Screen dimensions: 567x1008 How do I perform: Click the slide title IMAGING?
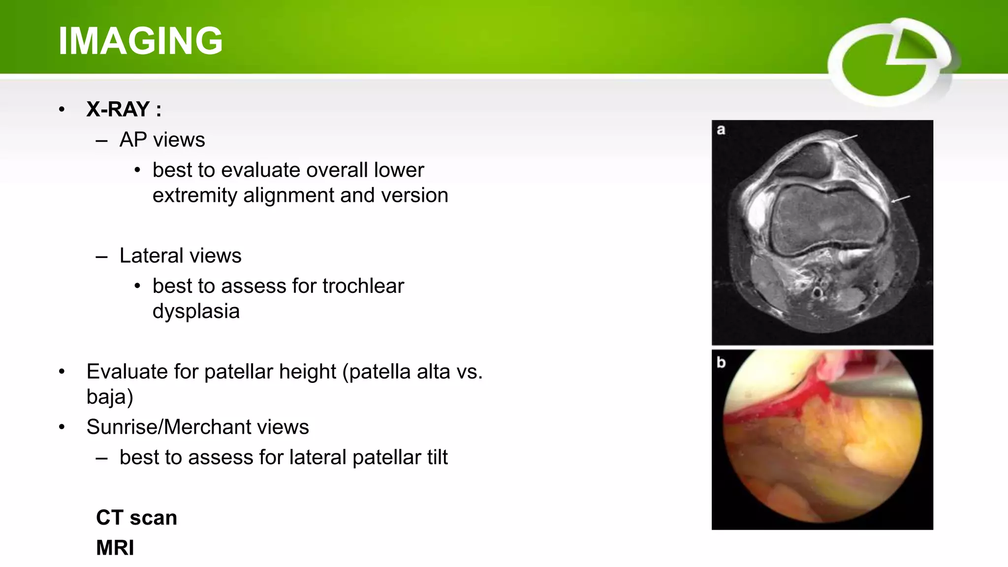pyautogui.click(x=140, y=40)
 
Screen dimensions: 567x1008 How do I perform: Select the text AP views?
pyautogui.click(x=162, y=140)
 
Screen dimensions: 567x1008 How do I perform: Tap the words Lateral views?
pyautogui.click(x=180, y=256)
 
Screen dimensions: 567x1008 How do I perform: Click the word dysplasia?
pyautogui.click(x=196, y=312)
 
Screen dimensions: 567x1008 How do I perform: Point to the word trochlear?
pyautogui.click(x=363, y=286)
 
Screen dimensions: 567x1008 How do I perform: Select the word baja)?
pyautogui.click(x=110, y=397)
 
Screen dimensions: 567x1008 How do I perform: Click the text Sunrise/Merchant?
pyautogui.click(x=197, y=427)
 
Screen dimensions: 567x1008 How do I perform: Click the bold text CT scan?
pyautogui.click(x=136, y=518)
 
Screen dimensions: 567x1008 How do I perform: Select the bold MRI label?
pyautogui.click(x=115, y=548)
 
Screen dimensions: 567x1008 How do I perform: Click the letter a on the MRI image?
pyautogui.click(x=721, y=130)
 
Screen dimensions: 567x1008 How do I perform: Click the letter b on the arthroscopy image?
pyautogui.click(x=721, y=362)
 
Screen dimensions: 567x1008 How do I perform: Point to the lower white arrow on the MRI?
pyautogui.click(x=901, y=199)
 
